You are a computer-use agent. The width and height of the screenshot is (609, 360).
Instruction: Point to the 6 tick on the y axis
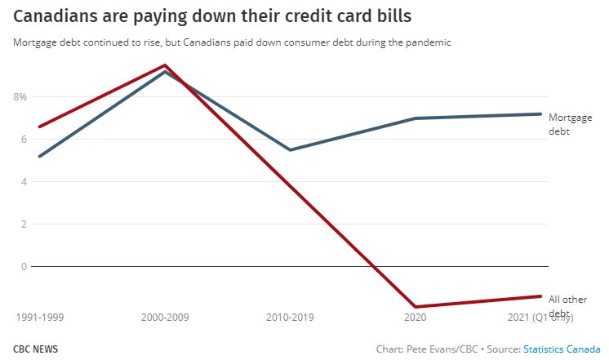24,139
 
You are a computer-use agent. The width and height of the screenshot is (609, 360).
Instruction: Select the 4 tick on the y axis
24,181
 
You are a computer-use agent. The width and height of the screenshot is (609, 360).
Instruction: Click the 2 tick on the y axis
24,224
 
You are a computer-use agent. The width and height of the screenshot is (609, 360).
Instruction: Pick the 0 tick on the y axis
24,266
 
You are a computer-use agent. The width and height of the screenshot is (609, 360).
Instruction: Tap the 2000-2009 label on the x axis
165,316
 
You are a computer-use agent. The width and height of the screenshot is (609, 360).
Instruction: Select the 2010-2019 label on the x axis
291,316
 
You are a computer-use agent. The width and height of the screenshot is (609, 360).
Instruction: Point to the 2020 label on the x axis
416,316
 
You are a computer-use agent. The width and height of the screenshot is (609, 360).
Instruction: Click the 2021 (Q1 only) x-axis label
540,316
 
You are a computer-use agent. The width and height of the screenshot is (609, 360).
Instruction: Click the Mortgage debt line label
570,124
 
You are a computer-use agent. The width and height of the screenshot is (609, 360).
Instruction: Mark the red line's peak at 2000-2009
165,65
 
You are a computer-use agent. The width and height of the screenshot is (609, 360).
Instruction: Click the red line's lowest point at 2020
416,307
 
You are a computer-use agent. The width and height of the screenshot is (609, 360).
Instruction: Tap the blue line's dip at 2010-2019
291,149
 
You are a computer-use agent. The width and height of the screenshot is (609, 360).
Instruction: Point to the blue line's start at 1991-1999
39,156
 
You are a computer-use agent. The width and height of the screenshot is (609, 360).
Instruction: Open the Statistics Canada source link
562,349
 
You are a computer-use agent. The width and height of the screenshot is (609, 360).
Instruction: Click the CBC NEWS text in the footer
35,349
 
